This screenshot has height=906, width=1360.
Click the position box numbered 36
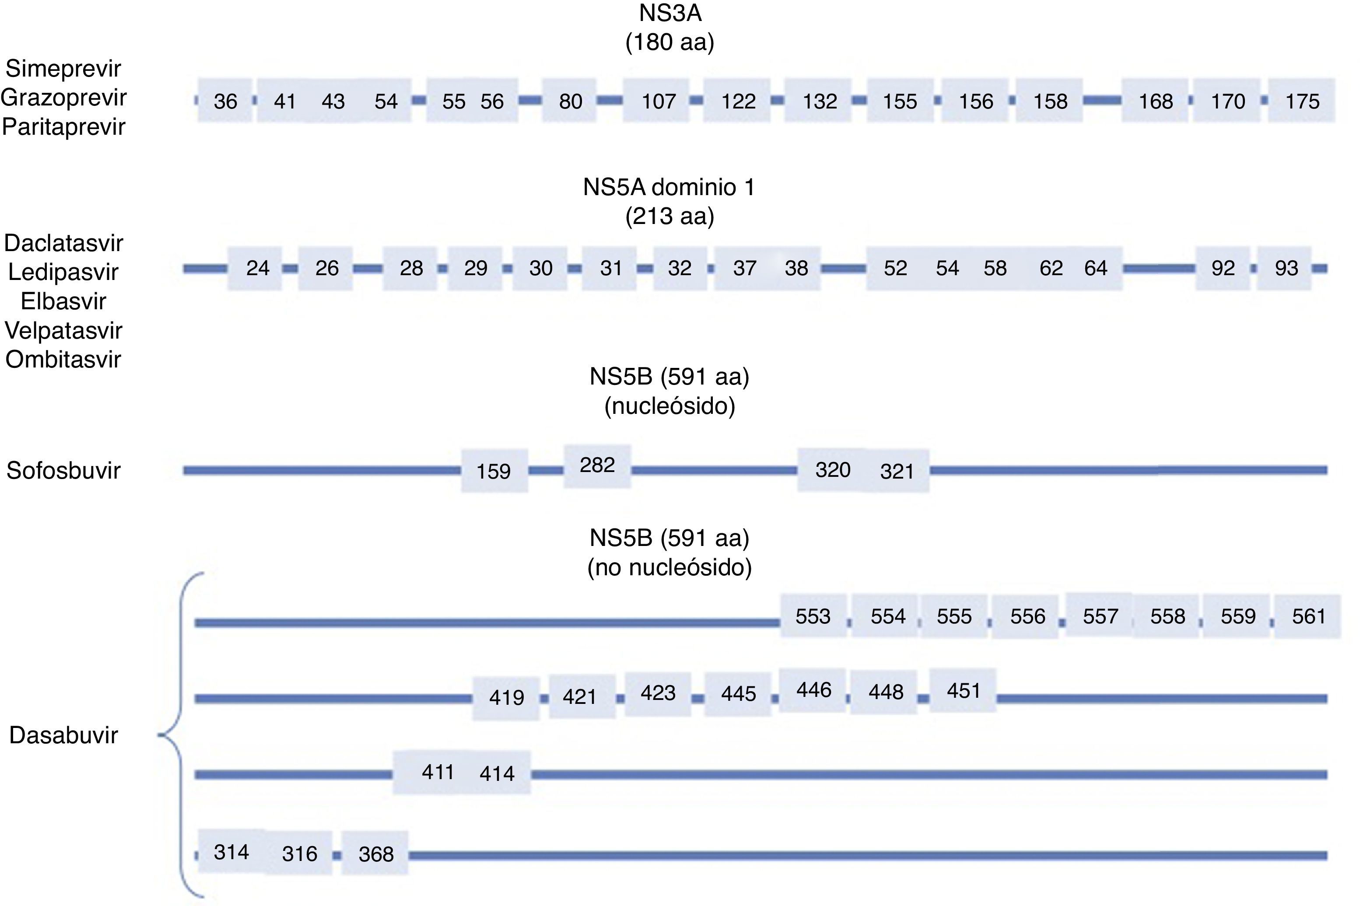click(x=225, y=101)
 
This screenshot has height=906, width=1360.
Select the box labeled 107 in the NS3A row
click(x=658, y=101)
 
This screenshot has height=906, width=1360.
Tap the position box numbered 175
click(x=1302, y=101)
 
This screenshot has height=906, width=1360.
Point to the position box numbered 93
click(x=1286, y=268)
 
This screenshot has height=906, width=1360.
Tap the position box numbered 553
click(x=813, y=616)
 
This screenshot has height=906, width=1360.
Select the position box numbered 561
click(x=1308, y=616)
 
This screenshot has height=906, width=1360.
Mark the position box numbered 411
click(x=438, y=773)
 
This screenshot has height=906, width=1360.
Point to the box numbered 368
click(x=376, y=854)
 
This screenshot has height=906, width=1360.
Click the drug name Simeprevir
click(x=63, y=69)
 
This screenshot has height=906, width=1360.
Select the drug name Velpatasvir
click(x=63, y=330)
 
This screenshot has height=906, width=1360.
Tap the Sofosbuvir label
click(x=63, y=470)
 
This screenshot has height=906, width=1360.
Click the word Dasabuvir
click(x=63, y=735)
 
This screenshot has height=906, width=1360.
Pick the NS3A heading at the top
click(x=670, y=13)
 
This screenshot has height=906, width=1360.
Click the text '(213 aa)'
click(x=669, y=217)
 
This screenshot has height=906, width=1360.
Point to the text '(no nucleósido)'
click(x=669, y=567)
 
